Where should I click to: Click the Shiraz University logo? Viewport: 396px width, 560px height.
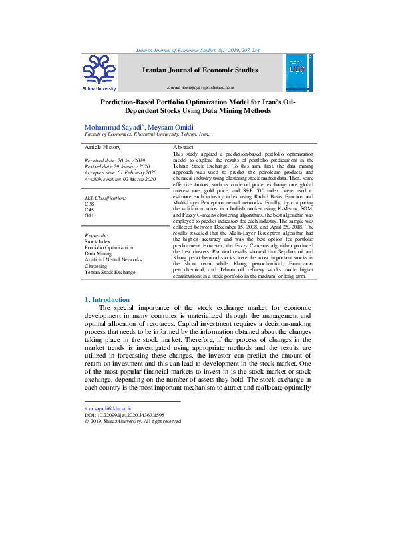click(99, 71)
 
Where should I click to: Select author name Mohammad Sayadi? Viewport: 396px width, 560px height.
click(112, 126)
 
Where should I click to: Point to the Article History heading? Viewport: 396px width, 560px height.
click(102, 146)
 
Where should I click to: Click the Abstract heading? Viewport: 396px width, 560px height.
click(183, 146)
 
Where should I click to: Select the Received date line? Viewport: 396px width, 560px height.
click(114, 161)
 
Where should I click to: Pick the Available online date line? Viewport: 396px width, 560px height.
click(120, 179)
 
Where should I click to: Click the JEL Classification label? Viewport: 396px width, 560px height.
click(105, 198)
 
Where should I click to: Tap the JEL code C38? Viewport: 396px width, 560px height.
click(89, 204)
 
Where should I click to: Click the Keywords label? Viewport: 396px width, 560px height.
click(97, 236)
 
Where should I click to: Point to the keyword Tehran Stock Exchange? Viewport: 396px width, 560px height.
click(109, 272)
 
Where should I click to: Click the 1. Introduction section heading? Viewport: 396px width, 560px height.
click(107, 300)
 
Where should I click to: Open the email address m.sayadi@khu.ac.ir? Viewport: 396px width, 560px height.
click(110, 407)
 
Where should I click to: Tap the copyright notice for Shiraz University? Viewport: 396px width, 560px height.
click(132, 421)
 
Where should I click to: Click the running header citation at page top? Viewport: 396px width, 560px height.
click(198, 50)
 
